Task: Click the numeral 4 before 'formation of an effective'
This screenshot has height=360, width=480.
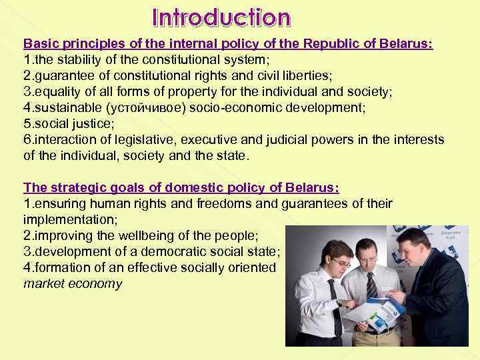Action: click(x=27, y=268)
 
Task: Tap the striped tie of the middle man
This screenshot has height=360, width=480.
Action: click(x=371, y=284)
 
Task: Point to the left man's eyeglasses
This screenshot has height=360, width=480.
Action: click(x=340, y=263)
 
